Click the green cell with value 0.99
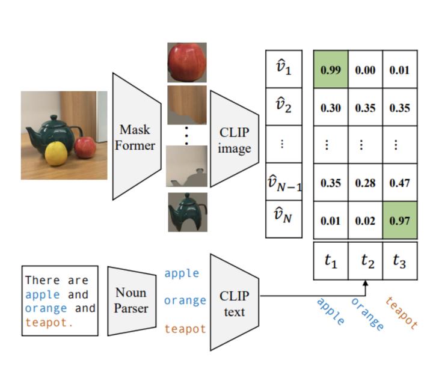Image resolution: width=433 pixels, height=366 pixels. (x=330, y=70)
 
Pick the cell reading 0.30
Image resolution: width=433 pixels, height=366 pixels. (x=330, y=108)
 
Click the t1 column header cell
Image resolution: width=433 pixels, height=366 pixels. (x=330, y=260)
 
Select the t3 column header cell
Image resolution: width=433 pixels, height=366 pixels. (x=399, y=260)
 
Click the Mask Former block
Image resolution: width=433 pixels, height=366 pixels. (x=137, y=137)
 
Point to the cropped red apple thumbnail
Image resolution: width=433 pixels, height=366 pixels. (x=186, y=63)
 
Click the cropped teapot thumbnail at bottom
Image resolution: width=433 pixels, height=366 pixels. (x=187, y=212)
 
